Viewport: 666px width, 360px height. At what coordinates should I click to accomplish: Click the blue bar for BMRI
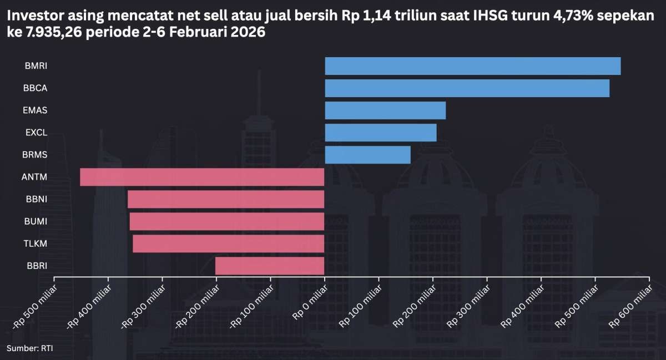(x=472, y=66)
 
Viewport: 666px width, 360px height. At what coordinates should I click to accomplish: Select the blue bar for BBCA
(x=467, y=88)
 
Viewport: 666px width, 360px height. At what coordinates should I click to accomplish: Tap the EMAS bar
(x=385, y=110)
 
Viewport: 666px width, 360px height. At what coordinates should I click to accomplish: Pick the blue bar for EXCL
(x=380, y=133)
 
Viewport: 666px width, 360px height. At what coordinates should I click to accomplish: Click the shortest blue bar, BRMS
(x=367, y=155)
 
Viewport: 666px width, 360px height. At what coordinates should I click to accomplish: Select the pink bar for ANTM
(x=202, y=177)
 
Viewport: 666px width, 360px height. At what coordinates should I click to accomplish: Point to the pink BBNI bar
(x=226, y=199)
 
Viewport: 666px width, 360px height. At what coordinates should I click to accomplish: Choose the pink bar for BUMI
(x=227, y=221)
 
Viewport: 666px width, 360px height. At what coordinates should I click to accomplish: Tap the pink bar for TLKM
(x=228, y=244)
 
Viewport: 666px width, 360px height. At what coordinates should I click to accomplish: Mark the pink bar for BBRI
(x=270, y=266)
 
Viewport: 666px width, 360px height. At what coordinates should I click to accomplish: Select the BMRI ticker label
(x=36, y=66)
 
